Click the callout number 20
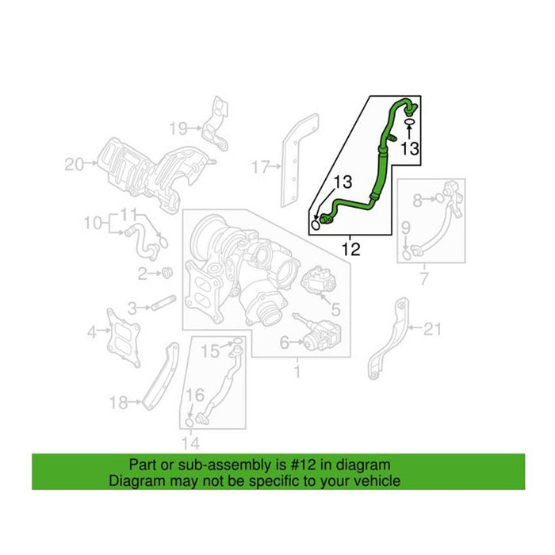click(x=74, y=165)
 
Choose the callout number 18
click(x=118, y=403)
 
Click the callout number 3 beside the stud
click(x=135, y=307)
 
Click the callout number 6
click(x=283, y=343)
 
